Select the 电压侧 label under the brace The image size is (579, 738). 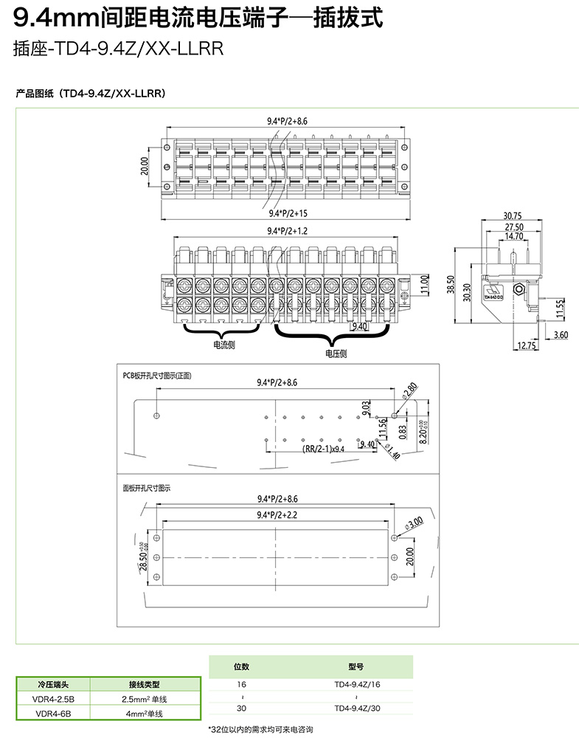336,354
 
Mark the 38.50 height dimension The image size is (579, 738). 451,284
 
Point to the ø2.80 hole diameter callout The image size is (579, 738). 410,388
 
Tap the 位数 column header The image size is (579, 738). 242,666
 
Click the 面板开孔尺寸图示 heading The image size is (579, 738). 147,488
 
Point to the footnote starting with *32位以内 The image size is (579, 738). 261,729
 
